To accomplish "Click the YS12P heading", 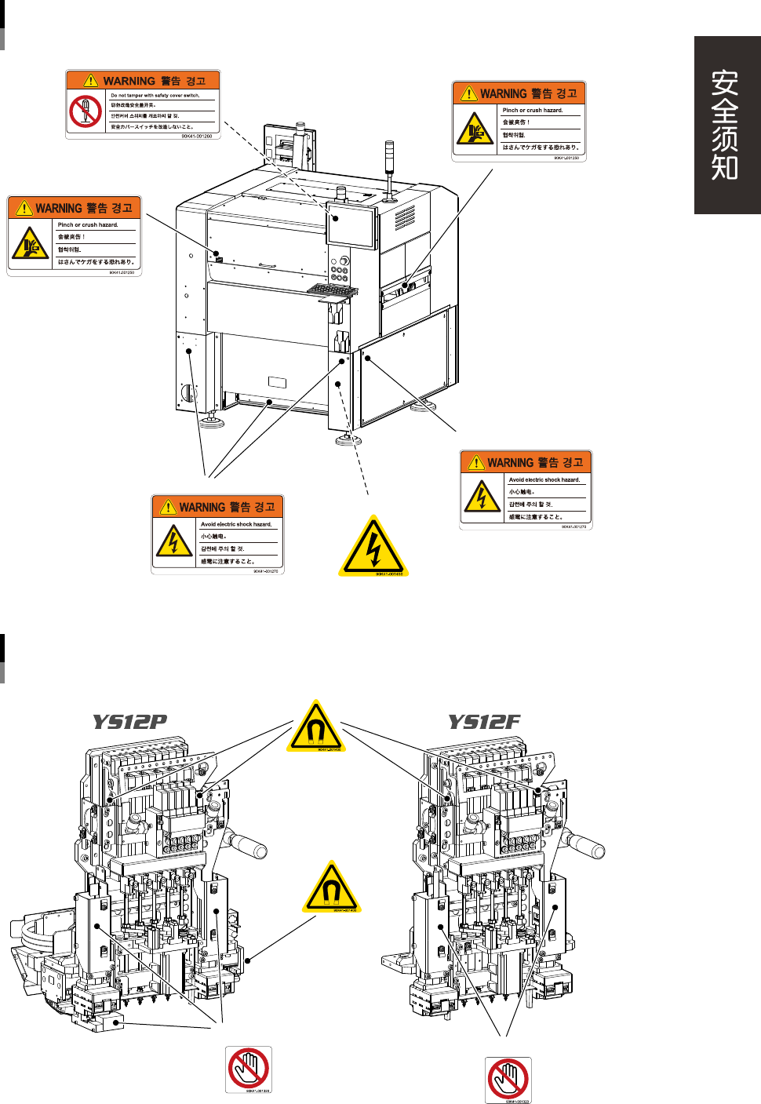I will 129,722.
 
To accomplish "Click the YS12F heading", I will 483,722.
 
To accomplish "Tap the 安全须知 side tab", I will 726,126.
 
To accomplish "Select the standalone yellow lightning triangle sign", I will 373,546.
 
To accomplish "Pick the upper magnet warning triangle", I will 316,726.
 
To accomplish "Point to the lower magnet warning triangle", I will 330,887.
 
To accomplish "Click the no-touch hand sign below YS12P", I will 248,1069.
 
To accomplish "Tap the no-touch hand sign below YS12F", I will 508,1079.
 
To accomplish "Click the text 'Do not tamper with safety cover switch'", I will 155,95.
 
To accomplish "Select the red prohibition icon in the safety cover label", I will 85,111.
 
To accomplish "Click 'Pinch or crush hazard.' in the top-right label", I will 533,111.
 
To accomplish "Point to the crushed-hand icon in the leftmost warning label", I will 30,244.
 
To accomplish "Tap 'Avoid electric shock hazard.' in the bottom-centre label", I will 236,524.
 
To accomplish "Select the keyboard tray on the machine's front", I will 333,291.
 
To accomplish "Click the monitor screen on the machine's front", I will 351,227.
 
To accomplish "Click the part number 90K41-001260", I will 197,137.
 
